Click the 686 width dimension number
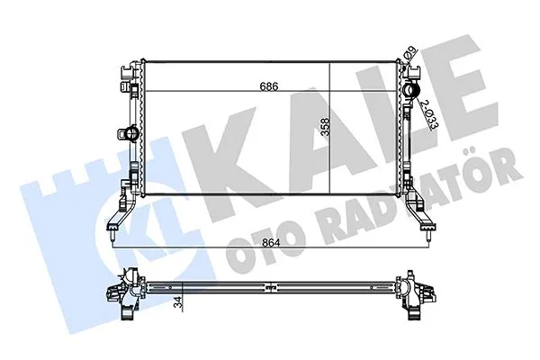point(268,86)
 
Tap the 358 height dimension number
point(325,128)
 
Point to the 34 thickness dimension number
point(177,302)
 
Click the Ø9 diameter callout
point(409,54)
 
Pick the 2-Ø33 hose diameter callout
point(430,114)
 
